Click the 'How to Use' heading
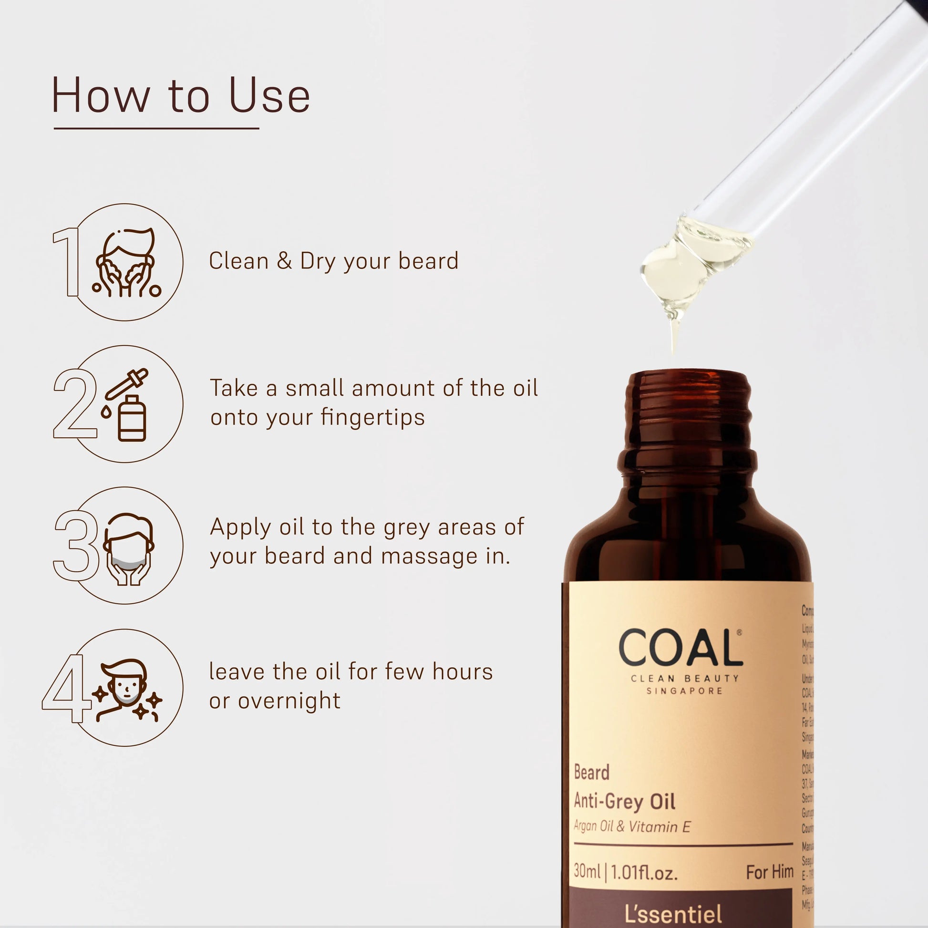181,96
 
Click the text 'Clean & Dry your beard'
333,261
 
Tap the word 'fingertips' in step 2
373,417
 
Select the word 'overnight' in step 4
289,701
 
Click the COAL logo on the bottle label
680,648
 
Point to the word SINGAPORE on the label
684,691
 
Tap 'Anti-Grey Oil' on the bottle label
624,801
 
